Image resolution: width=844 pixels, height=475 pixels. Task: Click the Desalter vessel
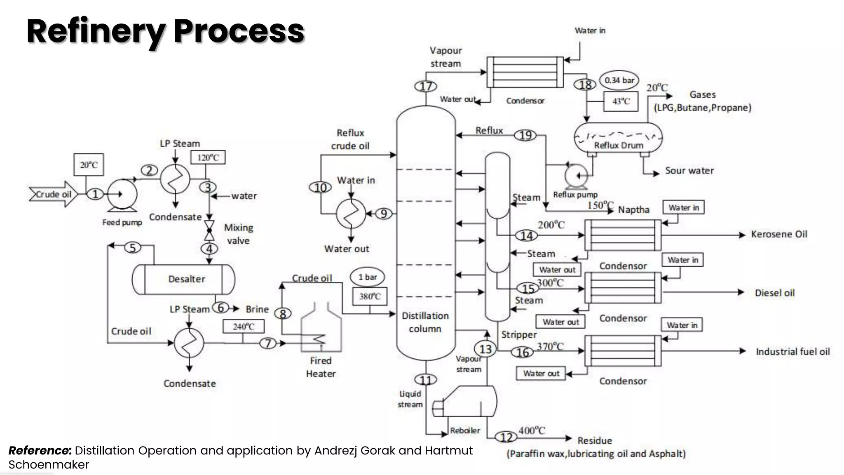183,279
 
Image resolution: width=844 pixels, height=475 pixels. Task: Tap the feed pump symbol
122,195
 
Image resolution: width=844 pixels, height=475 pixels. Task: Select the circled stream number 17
425,86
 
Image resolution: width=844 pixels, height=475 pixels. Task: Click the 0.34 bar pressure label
619,80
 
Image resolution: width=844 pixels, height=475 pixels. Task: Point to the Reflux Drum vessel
618,138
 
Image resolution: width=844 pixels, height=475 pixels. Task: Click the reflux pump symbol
576,176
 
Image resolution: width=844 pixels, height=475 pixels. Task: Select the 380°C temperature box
370,296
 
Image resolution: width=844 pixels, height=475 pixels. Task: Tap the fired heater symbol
321,330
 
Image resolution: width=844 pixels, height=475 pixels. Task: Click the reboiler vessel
466,402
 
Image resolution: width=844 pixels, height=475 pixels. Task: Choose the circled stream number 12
506,437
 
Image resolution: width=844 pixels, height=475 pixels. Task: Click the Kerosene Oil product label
778,234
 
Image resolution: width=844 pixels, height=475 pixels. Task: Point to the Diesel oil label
774,293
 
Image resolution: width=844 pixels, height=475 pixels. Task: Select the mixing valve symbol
209,230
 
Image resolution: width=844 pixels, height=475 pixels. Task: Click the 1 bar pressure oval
368,277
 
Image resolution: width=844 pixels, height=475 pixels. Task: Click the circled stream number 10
320,188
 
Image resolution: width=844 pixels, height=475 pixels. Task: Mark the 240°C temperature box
243,327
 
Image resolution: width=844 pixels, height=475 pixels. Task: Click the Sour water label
689,171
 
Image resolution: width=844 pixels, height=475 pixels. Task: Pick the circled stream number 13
485,349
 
